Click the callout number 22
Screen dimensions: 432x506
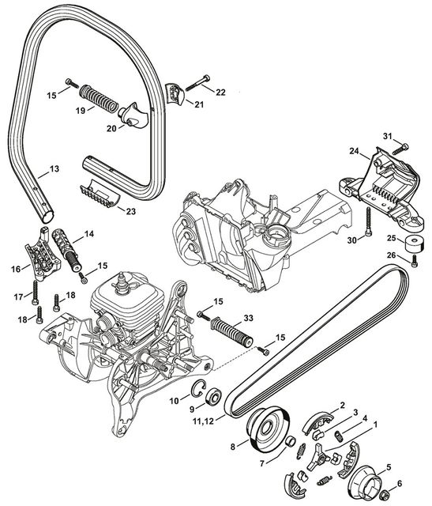[220, 93]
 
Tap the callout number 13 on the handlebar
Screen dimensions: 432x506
[54, 168]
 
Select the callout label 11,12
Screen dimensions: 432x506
[203, 421]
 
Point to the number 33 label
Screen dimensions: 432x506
[248, 318]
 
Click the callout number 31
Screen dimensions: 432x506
[388, 136]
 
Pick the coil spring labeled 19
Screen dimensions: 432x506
[99, 98]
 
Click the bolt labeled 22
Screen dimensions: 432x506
[197, 83]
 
